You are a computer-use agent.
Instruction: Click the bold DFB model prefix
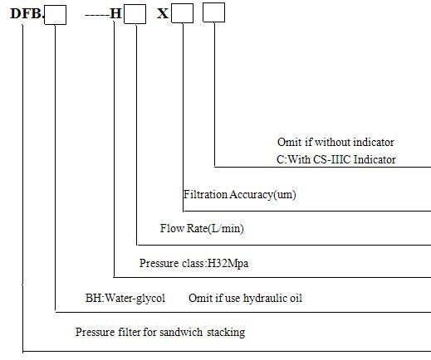(27, 13)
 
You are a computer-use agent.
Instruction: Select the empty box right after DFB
(56, 15)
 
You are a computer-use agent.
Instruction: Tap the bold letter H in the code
(115, 13)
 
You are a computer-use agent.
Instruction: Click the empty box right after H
(135, 14)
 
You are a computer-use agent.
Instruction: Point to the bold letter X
(163, 13)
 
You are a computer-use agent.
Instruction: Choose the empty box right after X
(183, 13)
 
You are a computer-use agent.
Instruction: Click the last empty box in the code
(214, 12)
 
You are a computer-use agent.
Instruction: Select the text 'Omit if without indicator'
(335, 142)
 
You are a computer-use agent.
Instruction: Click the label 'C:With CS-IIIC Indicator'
(336, 159)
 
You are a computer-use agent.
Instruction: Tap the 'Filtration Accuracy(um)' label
(240, 195)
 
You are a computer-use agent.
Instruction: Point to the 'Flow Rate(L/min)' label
(202, 228)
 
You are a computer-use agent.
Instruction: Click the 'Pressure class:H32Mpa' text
(193, 263)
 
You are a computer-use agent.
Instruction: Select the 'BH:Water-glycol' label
(125, 298)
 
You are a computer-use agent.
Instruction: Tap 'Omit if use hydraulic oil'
(245, 299)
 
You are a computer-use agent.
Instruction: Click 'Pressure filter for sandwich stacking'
(160, 332)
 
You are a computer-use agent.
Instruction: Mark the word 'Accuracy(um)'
(262, 195)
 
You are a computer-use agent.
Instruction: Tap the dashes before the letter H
(97, 15)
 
